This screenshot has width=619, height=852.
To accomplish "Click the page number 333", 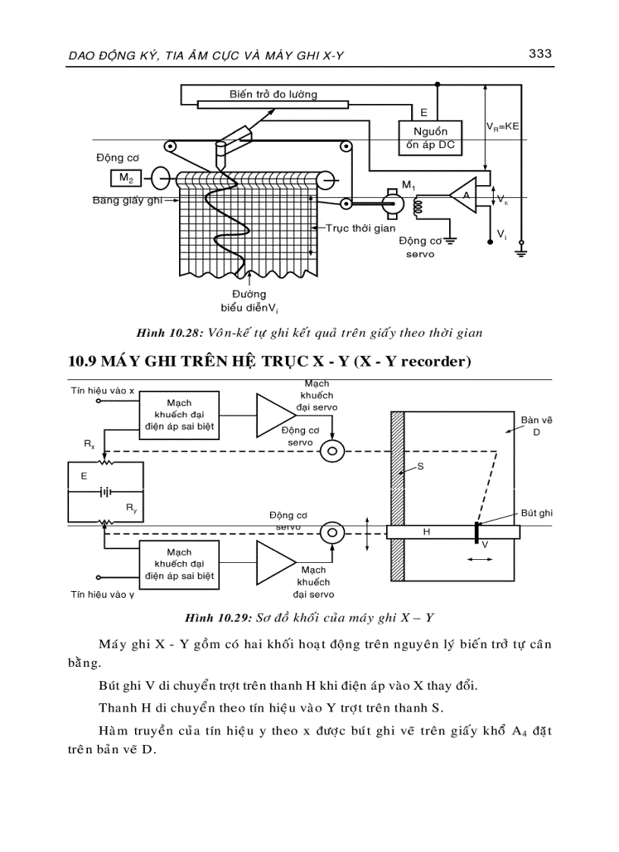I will [x=539, y=54].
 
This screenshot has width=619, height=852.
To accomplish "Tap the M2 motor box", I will [x=124, y=179].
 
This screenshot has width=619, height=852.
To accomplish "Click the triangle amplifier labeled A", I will [x=463, y=196].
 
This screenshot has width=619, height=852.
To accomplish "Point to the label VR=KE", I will [x=502, y=127].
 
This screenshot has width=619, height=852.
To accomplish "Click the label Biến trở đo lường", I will [x=273, y=94].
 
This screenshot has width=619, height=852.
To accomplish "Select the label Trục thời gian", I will [x=361, y=227].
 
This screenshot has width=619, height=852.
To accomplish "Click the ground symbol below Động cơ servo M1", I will [x=450, y=241].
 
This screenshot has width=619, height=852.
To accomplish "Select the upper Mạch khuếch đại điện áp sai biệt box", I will [x=179, y=414].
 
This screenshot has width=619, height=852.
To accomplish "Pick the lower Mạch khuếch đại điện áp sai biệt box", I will [x=179, y=564].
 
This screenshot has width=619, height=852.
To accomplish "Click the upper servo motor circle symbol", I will [x=331, y=451].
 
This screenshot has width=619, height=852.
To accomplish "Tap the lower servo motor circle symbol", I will [x=331, y=533].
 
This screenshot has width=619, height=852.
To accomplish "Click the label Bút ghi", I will [x=537, y=513].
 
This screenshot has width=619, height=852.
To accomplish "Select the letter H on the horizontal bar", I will [x=426, y=533].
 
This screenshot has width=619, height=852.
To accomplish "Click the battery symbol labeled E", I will [x=106, y=492].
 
